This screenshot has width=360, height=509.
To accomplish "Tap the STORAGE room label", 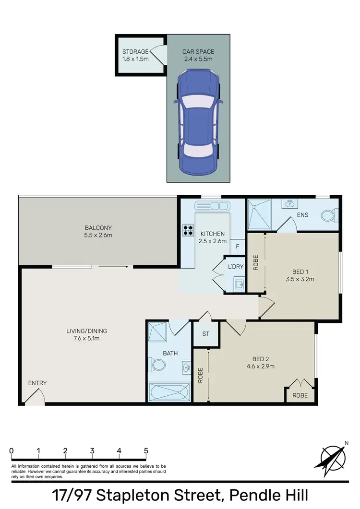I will [x=135, y=52].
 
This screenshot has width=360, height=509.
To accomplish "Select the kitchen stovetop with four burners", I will [x=188, y=230].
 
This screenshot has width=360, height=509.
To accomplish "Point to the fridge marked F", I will [x=237, y=246].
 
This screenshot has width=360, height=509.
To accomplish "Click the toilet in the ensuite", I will [x=329, y=215].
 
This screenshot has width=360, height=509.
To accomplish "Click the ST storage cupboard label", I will [x=205, y=333].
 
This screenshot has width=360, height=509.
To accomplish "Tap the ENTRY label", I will [x=37, y=383].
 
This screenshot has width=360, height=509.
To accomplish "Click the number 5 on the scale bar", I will [x=146, y=451].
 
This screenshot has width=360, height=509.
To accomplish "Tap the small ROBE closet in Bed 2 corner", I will [x=300, y=395].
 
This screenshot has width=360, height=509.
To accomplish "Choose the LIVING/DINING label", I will [x=87, y=331].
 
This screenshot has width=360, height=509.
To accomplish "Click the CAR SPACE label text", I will [x=198, y=52].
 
